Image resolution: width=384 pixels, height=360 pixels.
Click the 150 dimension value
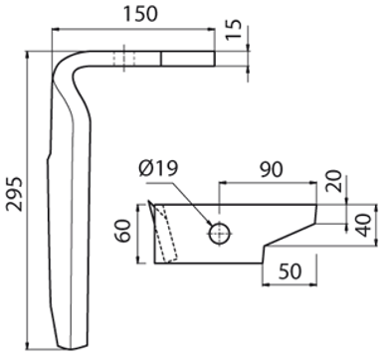[140, 14]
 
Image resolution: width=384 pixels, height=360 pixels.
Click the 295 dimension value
[15, 194]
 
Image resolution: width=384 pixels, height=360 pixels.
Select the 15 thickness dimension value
[234, 30]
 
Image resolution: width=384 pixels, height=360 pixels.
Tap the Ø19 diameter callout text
[159, 168]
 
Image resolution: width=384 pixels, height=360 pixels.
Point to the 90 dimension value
[272, 169]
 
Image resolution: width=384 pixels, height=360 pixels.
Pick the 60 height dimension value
[122, 231]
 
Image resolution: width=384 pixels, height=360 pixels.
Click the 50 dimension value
[290, 271]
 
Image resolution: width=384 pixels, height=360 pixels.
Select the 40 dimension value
[365, 226]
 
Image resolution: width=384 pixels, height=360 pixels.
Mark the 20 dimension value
[333, 181]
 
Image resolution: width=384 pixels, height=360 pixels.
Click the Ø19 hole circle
[220, 234]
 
